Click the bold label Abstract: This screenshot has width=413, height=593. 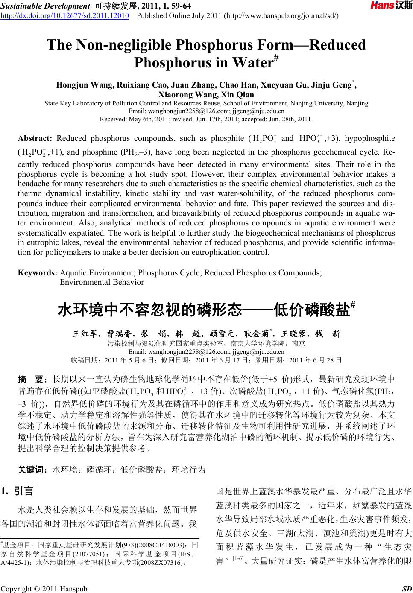[x=35, y=138]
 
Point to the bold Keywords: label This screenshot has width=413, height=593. [x=38, y=272]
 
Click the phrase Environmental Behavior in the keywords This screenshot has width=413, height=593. [x=102, y=282]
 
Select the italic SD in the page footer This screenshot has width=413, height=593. [x=407, y=589]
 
